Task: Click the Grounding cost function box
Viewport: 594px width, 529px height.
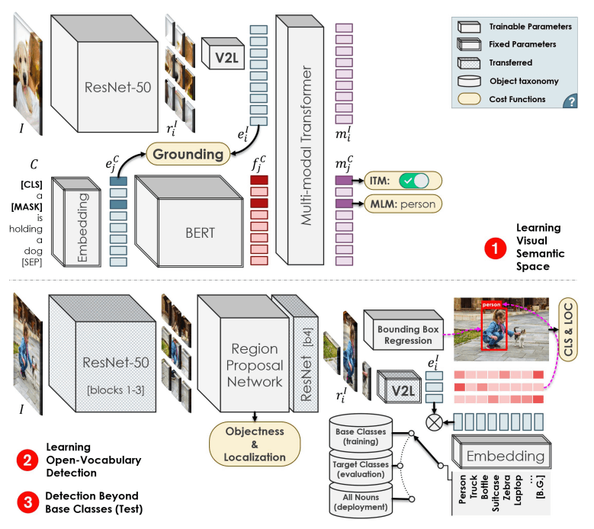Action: coord(188,154)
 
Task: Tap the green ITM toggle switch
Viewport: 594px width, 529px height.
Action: coord(414,181)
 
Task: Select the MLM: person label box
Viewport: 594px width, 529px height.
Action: coord(403,204)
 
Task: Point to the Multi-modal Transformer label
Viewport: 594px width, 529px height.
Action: coord(306,146)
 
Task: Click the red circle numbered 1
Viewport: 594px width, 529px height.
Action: coord(496,248)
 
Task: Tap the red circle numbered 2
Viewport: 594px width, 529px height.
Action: coord(27,460)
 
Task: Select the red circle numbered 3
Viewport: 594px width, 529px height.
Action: coord(27,502)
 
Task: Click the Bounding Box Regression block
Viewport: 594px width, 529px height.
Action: coord(403,330)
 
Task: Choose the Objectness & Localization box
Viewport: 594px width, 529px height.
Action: coord(255,444)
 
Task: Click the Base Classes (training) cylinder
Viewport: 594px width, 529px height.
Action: coord(361,433)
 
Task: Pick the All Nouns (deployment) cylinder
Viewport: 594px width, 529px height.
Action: coord(361,501)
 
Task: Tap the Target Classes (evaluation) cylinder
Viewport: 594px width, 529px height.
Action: coord(361,467)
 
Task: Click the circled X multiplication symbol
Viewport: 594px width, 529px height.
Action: coord(434,422)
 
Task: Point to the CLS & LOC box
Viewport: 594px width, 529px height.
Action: coord(568,329)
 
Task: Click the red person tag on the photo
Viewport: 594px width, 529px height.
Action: coord(491,304)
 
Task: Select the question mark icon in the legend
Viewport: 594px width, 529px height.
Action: coord(570,101)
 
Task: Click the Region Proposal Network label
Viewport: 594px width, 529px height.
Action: coord(255,365)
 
